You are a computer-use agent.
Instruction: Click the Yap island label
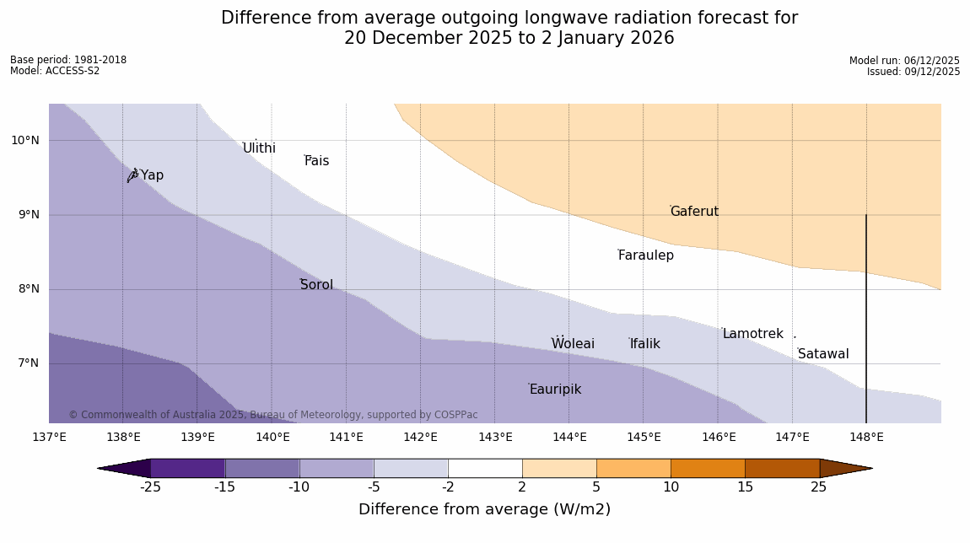pos(152,175)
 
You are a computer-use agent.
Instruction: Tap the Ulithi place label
pos(259,148)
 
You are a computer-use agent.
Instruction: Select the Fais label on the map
pos(317,161)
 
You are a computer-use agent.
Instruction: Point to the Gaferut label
pos(694,212)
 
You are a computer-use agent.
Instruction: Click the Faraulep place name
pos(646,255)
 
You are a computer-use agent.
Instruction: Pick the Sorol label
pos(316,285)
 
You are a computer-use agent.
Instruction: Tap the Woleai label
pos(573,344)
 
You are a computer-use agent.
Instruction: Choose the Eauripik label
pos(555,390)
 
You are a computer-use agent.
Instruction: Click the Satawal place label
pos(823,354)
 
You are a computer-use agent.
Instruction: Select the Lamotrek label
pos(752,334)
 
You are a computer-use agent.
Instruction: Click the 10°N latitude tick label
pos(25,141)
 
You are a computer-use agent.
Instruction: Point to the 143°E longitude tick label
pos(495,437)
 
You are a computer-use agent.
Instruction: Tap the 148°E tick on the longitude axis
pos(866,437)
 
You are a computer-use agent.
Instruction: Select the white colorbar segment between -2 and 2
pos(485,468)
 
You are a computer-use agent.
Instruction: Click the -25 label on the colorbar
pos(150,487)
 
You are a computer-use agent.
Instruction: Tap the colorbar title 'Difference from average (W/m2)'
pos(484,509)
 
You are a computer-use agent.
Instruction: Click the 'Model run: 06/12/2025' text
pos(904,61)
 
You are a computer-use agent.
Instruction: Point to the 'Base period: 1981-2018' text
pos(68,60)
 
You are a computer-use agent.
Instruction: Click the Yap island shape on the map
pos(132,175)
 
